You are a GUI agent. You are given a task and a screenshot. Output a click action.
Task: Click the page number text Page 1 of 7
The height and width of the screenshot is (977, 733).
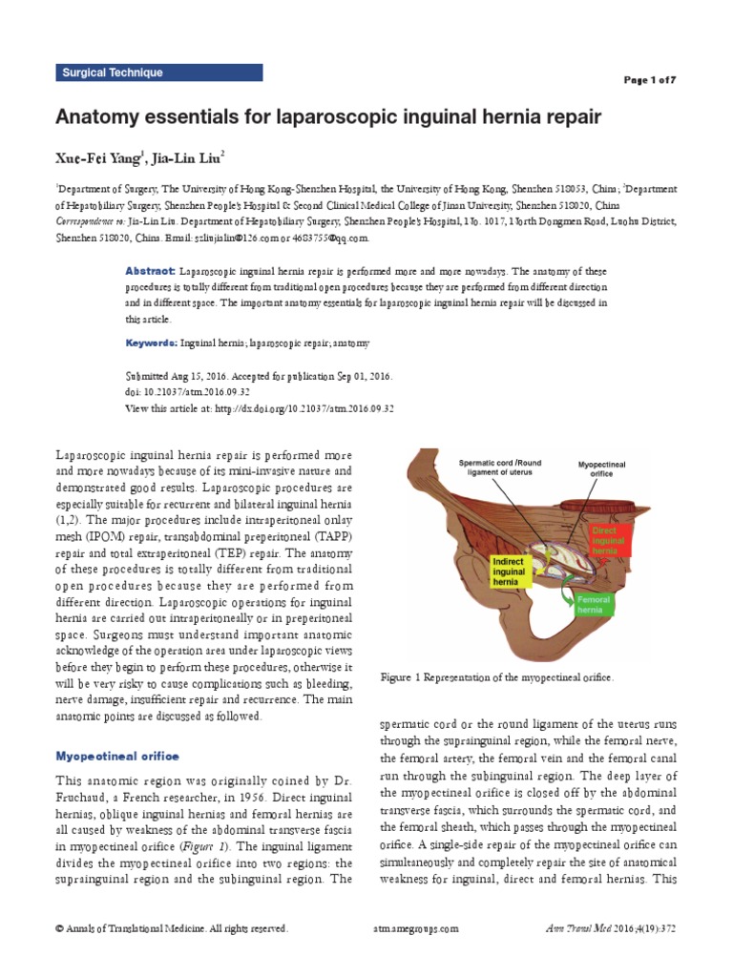(x=650, y=80)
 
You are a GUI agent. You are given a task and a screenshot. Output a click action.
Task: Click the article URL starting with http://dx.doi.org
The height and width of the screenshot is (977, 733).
(x=309, y=408)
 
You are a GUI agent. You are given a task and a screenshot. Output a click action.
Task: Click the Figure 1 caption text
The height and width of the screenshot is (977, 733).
(x=496, y=676)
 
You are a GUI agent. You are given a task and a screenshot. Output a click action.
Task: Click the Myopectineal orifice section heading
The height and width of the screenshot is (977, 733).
(x=116, y=756)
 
